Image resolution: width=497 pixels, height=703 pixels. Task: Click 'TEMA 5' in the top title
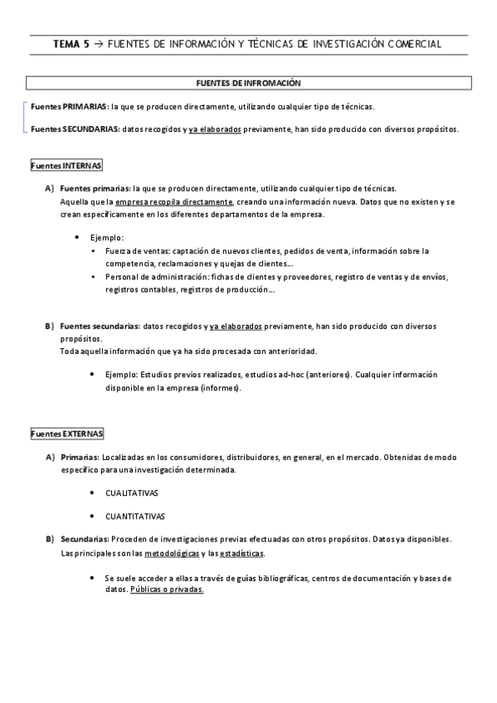coord(71,44)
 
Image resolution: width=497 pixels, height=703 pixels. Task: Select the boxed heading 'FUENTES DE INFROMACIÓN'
coord(248,84)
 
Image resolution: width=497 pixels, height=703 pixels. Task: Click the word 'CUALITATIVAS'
coord(132,492)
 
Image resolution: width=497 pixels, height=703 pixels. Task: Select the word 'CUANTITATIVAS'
coord(134,516)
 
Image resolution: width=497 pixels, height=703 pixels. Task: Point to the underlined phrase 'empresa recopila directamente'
coord(174,201)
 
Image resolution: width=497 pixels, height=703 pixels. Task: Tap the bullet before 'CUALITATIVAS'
coord(90,492)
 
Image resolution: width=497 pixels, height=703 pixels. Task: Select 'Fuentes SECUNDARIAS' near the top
coord(74,129)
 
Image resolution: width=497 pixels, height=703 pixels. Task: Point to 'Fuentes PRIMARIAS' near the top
coord(68,107)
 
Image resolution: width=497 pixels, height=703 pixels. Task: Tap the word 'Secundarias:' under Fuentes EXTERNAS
coord(84,539)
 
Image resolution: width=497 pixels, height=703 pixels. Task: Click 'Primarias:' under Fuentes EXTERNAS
coord(80,457)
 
